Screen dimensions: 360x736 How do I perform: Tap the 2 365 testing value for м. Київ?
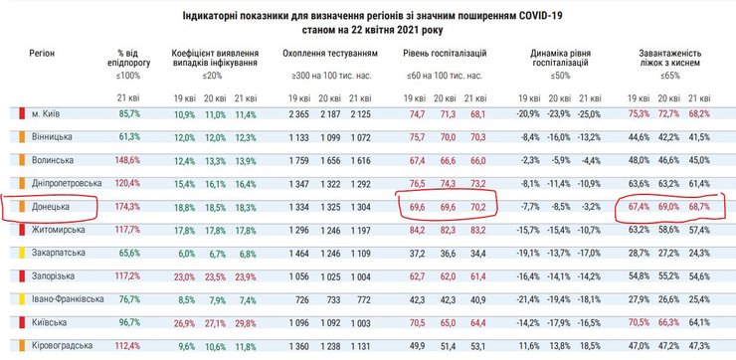(x=296, y=114)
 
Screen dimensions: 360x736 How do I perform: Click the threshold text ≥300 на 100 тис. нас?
(x=323, y=75)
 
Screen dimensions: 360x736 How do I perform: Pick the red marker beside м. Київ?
(x=21, y=114)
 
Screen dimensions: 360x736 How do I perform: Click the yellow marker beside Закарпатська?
(x=21, y=253)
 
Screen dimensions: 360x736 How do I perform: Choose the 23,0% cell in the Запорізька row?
(x=186, y=275)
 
